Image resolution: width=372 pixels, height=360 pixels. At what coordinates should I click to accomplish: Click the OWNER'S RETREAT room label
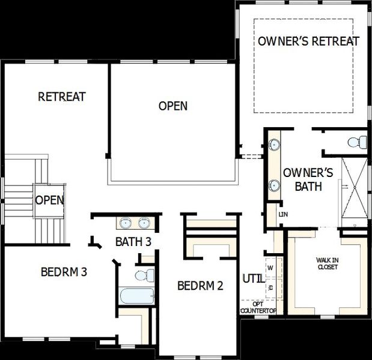(x=308, y=41)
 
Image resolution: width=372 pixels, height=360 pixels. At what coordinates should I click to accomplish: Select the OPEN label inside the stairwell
(x=49, y=200)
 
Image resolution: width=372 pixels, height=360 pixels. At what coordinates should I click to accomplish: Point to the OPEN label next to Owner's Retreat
(x=173, y=106)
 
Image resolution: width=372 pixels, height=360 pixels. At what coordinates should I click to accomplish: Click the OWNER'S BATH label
(x=303, y=179)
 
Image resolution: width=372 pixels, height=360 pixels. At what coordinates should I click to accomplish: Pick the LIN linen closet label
(x=283, y=214)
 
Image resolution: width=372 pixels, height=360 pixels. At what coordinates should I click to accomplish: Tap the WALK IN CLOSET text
(x=327, y=263)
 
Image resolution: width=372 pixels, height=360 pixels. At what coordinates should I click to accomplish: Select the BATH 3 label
(x=133, y=242)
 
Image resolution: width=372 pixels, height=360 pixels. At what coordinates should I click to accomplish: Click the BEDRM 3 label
(x=64, y=272)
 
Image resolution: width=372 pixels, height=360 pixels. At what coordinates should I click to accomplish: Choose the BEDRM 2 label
(x=200, y=286)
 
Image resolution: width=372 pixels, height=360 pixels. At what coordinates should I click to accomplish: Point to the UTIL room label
(x=251, y=278)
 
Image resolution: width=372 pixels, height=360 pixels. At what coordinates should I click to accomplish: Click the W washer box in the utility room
(x=270, y=268)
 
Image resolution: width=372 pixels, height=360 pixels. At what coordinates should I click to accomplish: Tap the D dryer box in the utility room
(x=271, y=287)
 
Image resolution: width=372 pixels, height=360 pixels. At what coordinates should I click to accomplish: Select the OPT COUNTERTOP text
(x=258, y=307)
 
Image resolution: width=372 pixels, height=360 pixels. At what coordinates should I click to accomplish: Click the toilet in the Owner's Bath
(x=358, y=143)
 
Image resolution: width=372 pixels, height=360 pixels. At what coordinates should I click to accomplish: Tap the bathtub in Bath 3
(x=137, y=296)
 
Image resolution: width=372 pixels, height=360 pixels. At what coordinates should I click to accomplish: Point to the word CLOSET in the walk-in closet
(x=327, y=267)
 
